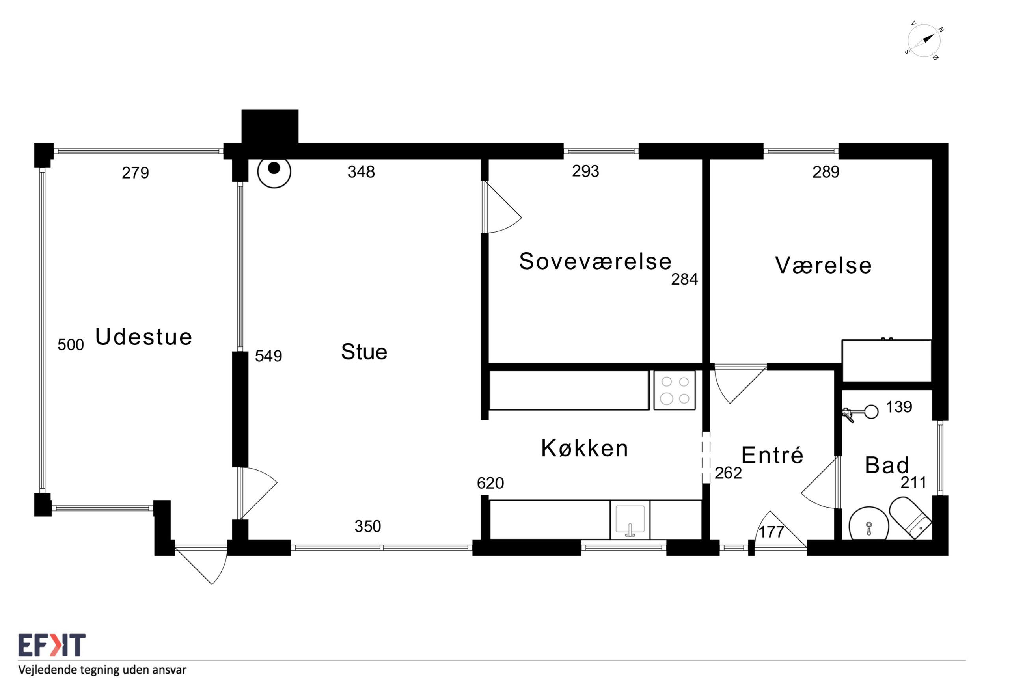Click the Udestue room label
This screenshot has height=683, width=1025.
pos(143,337)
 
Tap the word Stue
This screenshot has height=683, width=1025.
pos(364,352)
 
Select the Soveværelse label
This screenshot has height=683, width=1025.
pos(595,261)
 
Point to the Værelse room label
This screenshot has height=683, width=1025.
pos(823,265)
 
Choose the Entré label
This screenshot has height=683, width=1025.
pos(772,455)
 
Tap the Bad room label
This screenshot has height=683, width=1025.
pos(887,465)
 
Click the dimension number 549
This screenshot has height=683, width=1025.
pos(268,356)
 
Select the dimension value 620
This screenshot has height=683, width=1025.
pos(490,483)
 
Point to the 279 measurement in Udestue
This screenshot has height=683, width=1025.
pos(135,173)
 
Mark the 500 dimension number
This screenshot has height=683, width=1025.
pos(71,344)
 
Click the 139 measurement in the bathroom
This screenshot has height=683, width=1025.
pos(899,406)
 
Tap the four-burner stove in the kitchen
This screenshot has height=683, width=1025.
pos(674,390)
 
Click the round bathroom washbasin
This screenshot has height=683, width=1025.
pos(868,523)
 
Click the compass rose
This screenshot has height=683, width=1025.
pos(924,41)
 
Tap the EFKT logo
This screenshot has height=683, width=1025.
pos(52,645)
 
